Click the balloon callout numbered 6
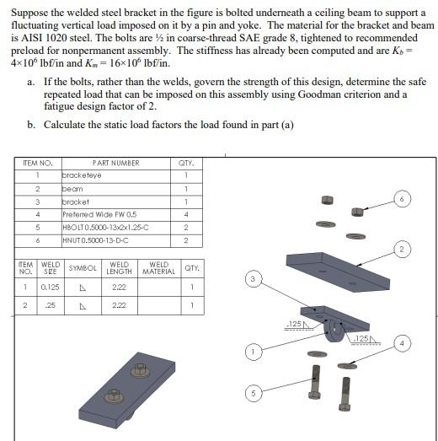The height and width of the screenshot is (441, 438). tap(402, 199)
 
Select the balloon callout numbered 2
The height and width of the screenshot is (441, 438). tap(402, 250)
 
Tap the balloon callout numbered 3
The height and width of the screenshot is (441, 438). tap(253, 279)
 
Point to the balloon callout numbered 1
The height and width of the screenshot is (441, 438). tap(254, 352)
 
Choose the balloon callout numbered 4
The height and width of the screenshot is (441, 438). tap(402, 343)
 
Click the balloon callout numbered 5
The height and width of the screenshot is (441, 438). tap(254, 393)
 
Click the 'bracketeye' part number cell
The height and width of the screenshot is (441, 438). tap(116, 176)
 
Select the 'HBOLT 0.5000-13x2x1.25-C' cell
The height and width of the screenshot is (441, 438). tap(116, 228)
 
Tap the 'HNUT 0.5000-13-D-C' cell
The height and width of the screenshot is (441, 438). tap(116, 241)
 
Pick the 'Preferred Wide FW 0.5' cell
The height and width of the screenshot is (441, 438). tap(116, 215)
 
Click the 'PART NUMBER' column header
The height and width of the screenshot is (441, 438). tap(116, 163)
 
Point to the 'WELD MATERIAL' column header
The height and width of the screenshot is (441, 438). tap(159, 268)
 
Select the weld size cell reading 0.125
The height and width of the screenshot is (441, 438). tap(51, 288)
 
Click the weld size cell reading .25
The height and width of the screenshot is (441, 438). tap(51, 305)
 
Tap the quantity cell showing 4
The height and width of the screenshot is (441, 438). tap(186, 215)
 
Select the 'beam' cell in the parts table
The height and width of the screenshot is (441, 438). tap(116, 189)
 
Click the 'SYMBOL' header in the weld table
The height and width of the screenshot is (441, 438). tap(83, 268)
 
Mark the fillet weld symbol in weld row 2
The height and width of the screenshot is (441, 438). tap(83, 306)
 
